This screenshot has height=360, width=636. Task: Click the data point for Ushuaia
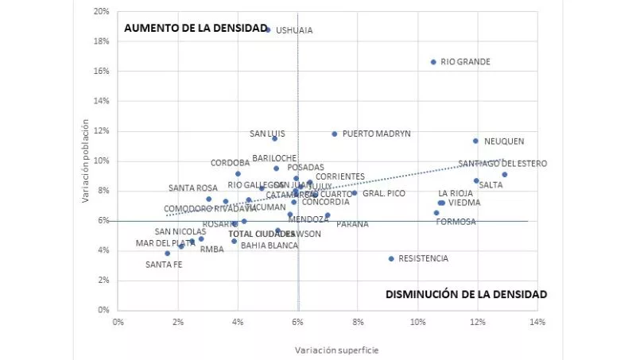pyautogui.click(x=268, y=30)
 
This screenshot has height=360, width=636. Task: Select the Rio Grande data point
pyautogui.click(x=433, y=62)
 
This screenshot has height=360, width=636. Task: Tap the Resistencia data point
pyautogui.click(x=391, y=258)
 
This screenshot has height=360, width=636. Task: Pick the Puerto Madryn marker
pyautogui.click(x=335, y=134)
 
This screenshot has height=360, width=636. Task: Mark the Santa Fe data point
pyautogui.click(x=168, y=254)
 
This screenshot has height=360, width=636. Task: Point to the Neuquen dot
pyautogui.click(x=475, y=141)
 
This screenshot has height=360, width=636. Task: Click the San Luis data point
pyautogui.click(x=275, y=138)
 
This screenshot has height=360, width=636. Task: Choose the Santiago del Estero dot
pyautogui.click(x=504, y=174)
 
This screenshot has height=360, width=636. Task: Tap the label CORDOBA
pyautogui.click(x=231, y=163)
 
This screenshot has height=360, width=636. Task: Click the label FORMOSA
pyautogui.click(x=456, y=222)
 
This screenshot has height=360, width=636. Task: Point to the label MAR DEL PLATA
pyautogui.click(x=165, y=243)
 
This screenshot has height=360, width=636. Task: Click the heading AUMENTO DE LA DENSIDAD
pyautogui.click(x=196, y=28)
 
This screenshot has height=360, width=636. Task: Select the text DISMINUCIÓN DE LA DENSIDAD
pyautogui.click(x=467, y=294)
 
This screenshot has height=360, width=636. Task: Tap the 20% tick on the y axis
pyautogui.click(x=101, y=12)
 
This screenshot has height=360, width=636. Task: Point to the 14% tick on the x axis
pyautogui.click(x=537, y=321)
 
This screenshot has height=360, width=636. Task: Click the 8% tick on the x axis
pyautogui.click(x=358, y=321)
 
